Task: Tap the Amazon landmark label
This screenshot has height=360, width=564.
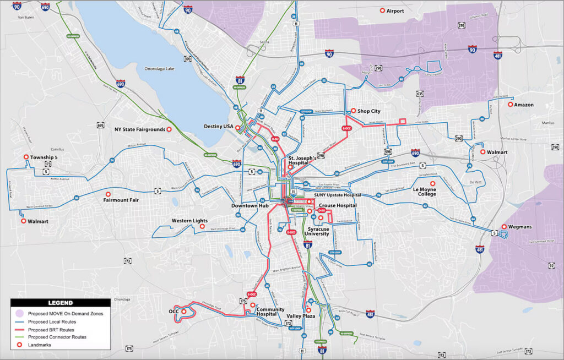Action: pyautogui.click(x=524, y=105)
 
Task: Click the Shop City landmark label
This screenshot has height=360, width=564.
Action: pyautogui.click(x=368, y=111)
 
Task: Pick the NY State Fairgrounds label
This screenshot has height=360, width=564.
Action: pyautogui.click(x=139, y=129)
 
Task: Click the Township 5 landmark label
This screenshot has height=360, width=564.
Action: pyautogui.click(x=44, y=157)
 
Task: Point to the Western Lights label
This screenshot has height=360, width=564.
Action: pyautogui.click(x=189, y=221)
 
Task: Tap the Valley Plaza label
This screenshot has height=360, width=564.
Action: pyautogui.click(x=301, y=316)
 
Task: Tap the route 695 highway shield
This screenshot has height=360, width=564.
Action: pyautogui.click(x=100, y=126)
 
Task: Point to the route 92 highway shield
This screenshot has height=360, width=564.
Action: pyautogui.click(x=551, y=266)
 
